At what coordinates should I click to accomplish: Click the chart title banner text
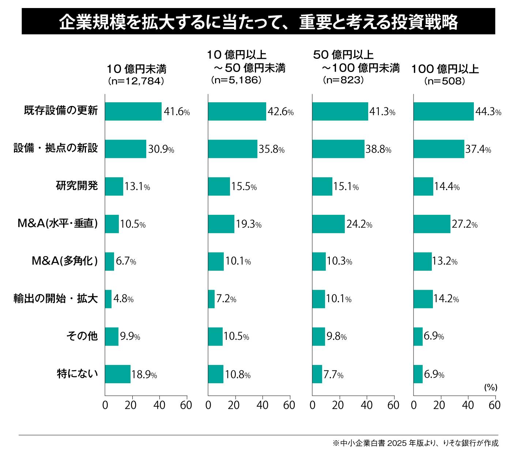coord(258,22)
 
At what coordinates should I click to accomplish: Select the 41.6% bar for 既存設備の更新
coord(133,111)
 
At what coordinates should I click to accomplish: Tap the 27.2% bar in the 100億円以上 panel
coord(432,224)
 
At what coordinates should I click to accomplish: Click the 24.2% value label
coord(359,224)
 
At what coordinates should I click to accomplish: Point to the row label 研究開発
coord(77,186)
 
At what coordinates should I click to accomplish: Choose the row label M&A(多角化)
coord(65,261)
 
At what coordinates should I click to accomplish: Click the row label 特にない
coord(78,374)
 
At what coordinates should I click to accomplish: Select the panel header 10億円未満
coord(136,69)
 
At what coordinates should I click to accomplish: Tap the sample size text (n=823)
coord(343,80)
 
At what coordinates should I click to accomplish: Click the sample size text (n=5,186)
coord(236,80)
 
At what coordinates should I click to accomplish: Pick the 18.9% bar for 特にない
coord(118,374)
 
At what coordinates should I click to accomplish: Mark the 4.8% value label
coord(123,299)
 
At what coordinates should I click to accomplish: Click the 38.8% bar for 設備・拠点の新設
coord(338,149)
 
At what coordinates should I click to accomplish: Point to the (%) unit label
coord(491,387)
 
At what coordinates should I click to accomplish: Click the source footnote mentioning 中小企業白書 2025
coord(415,443)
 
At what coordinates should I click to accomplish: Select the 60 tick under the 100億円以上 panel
coord(494,405)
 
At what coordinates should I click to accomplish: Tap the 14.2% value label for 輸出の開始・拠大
coord(446,299)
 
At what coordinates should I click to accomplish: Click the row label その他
coord(82,336)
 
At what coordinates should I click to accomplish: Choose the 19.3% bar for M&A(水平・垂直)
coord(221,224)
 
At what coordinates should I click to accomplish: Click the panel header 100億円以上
coord(445,69)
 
